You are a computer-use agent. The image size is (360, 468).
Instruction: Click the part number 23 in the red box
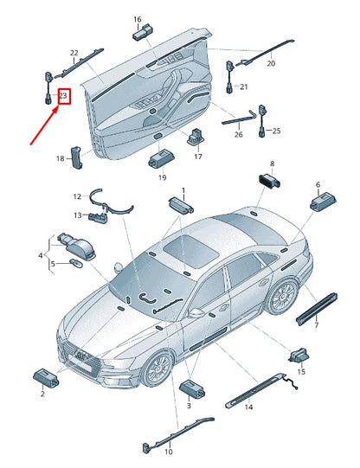[x=63, y=96]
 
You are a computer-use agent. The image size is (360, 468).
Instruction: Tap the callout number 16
[x=138, y=19]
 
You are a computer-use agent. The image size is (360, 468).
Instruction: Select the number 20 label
[x=271, y=63]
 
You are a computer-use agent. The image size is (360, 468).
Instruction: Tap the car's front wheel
[x=157, y=369]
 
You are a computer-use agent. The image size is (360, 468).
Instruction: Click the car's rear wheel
[x=283, y=297]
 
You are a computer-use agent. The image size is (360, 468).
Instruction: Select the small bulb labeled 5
[x=74, y=263]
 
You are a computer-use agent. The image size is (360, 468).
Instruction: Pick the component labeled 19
[x=162, y=159]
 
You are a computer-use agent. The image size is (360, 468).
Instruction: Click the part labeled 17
[x=196, y=137]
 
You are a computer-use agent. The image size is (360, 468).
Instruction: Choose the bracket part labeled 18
[x=76, y=157]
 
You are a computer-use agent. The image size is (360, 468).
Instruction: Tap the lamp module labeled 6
[x=323, y=202]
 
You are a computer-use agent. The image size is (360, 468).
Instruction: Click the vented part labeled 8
[x=269, y=181]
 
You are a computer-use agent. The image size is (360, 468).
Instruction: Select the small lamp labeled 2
[x=46, y=378]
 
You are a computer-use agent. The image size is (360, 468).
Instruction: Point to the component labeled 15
[x=299, y=356]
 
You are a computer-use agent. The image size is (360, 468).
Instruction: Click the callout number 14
[x=248, y=407]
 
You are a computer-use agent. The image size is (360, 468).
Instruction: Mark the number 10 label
[x=169, y=452]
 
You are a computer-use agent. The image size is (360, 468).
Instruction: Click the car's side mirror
[x=196, y=312]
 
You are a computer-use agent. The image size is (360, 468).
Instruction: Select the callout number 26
[x=239, y=134]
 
